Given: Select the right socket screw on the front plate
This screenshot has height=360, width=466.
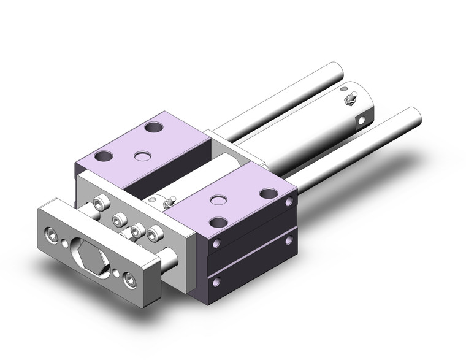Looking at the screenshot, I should click(x=129, y=280).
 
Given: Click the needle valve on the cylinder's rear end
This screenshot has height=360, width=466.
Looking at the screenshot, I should click(x=351, y=98).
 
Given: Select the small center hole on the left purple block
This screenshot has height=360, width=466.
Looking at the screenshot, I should click(x=144, y=156).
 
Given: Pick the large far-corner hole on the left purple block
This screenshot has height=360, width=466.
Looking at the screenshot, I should click(x=152, y=129).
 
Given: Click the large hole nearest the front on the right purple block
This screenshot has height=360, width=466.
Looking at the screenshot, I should click(x=218, y=221).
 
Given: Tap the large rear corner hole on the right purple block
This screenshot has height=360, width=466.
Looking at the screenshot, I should click(x=268, y=193).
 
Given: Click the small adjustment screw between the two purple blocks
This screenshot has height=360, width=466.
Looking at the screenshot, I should click(x=173, y=201).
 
